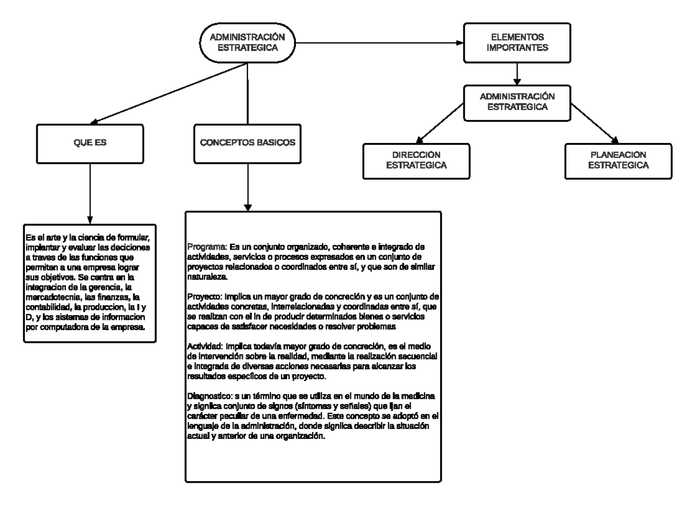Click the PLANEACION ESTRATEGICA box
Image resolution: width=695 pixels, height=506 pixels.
point(618,160)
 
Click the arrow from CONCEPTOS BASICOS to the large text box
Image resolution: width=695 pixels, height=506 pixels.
point(248,185)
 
